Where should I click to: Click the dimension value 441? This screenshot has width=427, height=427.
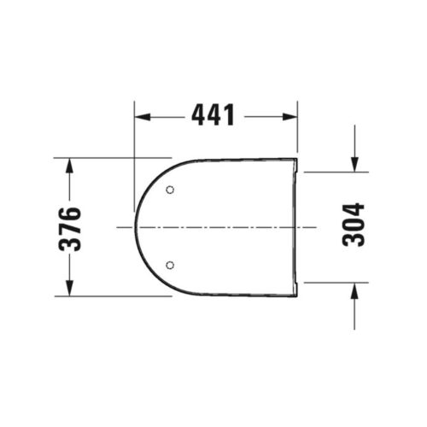213,114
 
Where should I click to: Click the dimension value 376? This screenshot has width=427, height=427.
70,230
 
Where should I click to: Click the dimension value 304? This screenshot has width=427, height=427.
354,225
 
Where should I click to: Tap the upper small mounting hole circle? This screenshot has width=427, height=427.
170,190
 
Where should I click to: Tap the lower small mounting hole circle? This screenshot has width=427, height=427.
170,266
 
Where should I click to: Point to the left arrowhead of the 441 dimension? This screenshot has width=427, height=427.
143,117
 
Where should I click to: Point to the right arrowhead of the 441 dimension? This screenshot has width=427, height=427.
290,117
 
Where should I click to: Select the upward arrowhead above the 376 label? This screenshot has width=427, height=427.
69,165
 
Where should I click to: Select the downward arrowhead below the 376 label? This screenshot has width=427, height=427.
69,289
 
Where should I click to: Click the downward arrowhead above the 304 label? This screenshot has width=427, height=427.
354,164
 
